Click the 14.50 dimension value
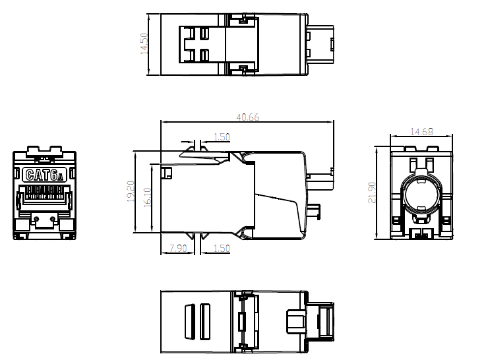pyautogui.click(x=144, y=44)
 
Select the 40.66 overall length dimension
pyautogui.click(x=248, y=117)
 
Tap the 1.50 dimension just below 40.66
pyautogui.click(x=222, y=137)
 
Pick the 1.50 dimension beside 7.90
pyautogui.click(x=222, y=249)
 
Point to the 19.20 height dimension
pyautogui.click(x=131, y=191)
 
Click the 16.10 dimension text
pyautogui.click(x=147, y=198)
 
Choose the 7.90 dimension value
pyautogui.click(x=178, y=249)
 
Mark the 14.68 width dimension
pyautogui.click(x=421, y=132)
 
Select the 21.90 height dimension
pyautogui.click(x=372, y=193)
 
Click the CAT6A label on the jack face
pyautogui.click(x=44, y=175)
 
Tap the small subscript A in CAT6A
pyautogui.click(x=61, y=177)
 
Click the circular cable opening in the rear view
pyautogui.click(x=421, y=194)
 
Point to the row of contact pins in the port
pyautogui.click(x=44, y=192)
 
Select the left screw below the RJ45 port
pyautogui.click(x=36, y=219)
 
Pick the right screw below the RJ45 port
pyautogui.click(x=53, y=219)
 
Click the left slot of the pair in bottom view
pyautogui.click(x=189, y=322)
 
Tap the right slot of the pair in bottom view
pyautogui.click(x=205, y=322)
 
